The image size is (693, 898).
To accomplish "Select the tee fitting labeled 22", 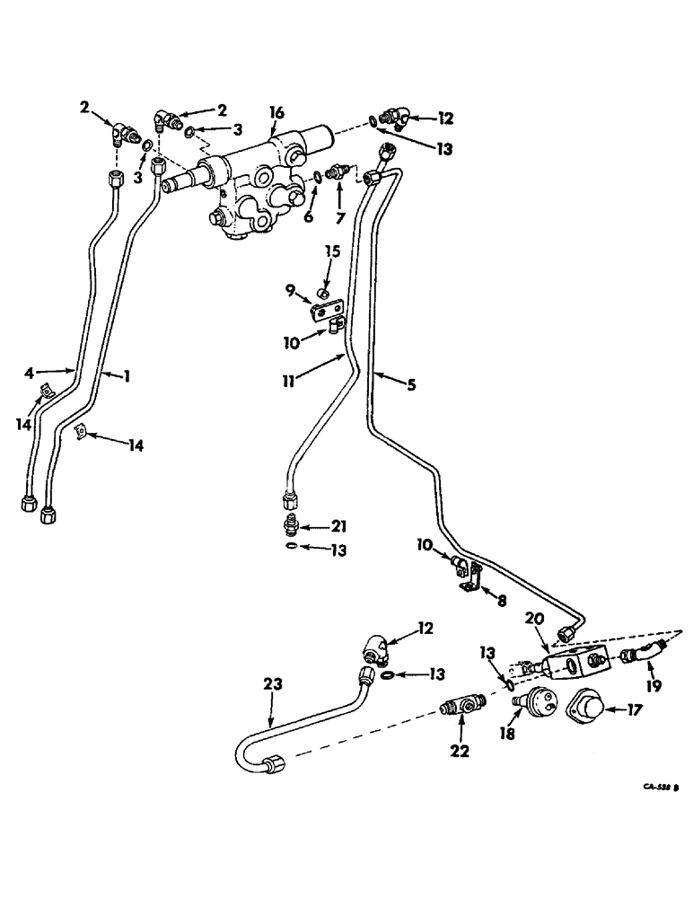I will [458, 703].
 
